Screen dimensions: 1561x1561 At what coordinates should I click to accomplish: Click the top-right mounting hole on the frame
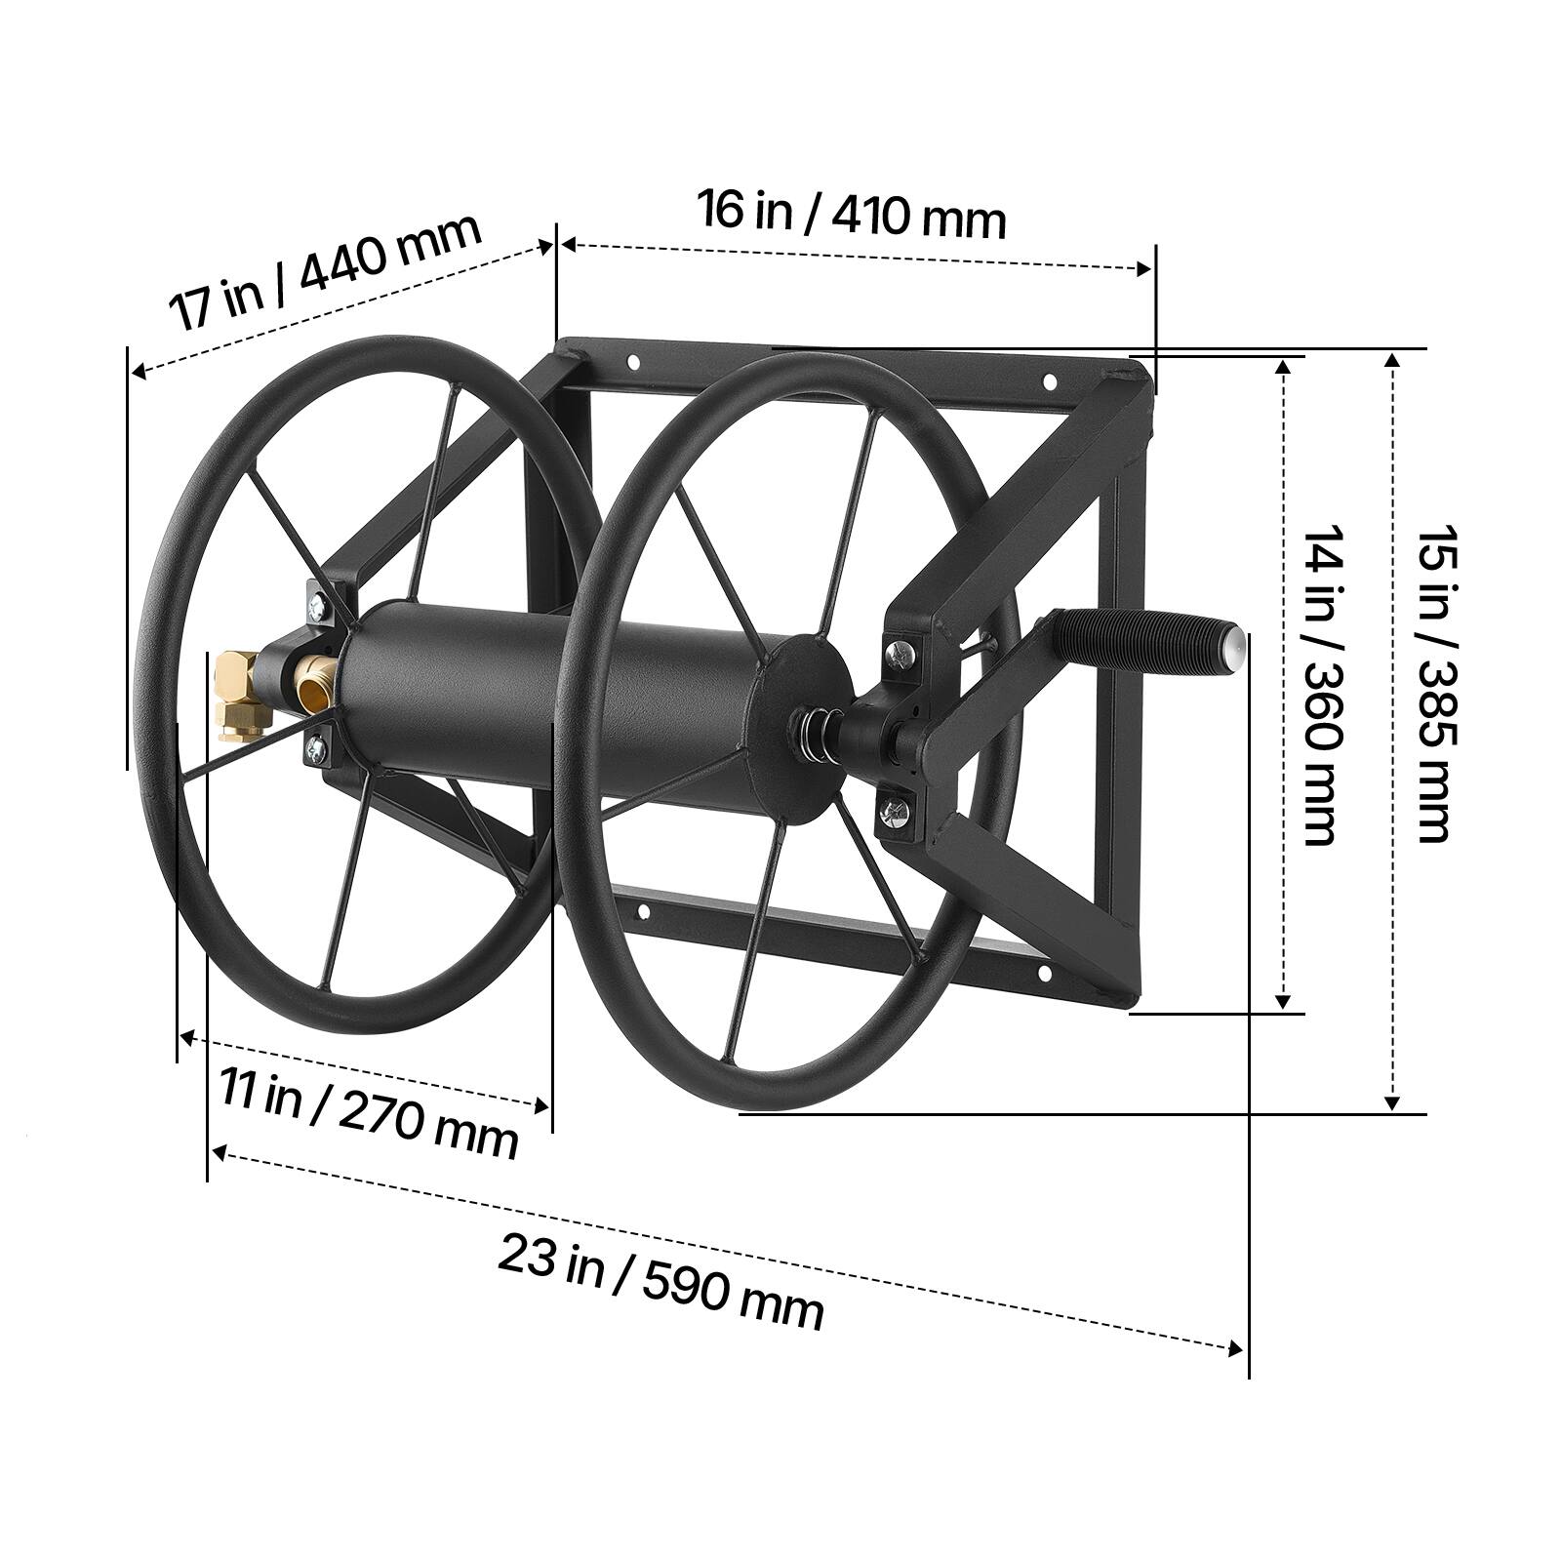1051,380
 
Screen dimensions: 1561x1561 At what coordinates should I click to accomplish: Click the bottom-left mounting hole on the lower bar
642,910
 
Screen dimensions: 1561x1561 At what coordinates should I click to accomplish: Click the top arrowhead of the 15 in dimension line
1393,359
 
